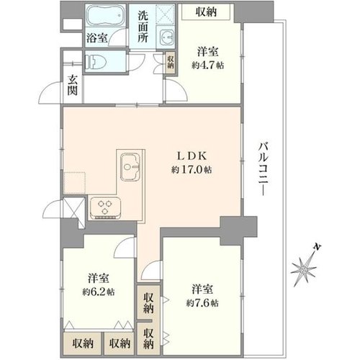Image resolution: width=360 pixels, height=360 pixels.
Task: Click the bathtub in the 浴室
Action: pos(105,16)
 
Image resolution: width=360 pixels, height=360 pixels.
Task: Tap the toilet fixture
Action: pos(96,63)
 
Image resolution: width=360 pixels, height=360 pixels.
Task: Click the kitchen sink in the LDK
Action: pos(130,166)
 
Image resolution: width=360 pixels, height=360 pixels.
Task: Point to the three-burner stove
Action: pos(105,208)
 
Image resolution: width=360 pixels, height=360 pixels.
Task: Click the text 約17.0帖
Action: pos(192,170)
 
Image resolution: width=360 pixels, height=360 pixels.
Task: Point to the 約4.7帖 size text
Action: pos(207,65)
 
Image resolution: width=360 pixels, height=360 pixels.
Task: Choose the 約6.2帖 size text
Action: pos(99,292)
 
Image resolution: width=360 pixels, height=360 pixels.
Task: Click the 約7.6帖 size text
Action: pos(202,303)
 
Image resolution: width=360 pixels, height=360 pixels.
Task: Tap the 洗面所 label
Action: pos(143,27)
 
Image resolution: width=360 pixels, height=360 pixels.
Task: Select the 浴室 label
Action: pos(97,38)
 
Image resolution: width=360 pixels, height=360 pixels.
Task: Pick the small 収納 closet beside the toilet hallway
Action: pos(171,62)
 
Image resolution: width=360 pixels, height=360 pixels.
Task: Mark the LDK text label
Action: pos(192,156)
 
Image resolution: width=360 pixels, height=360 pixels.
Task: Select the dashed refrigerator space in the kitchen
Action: pos(75,183)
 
